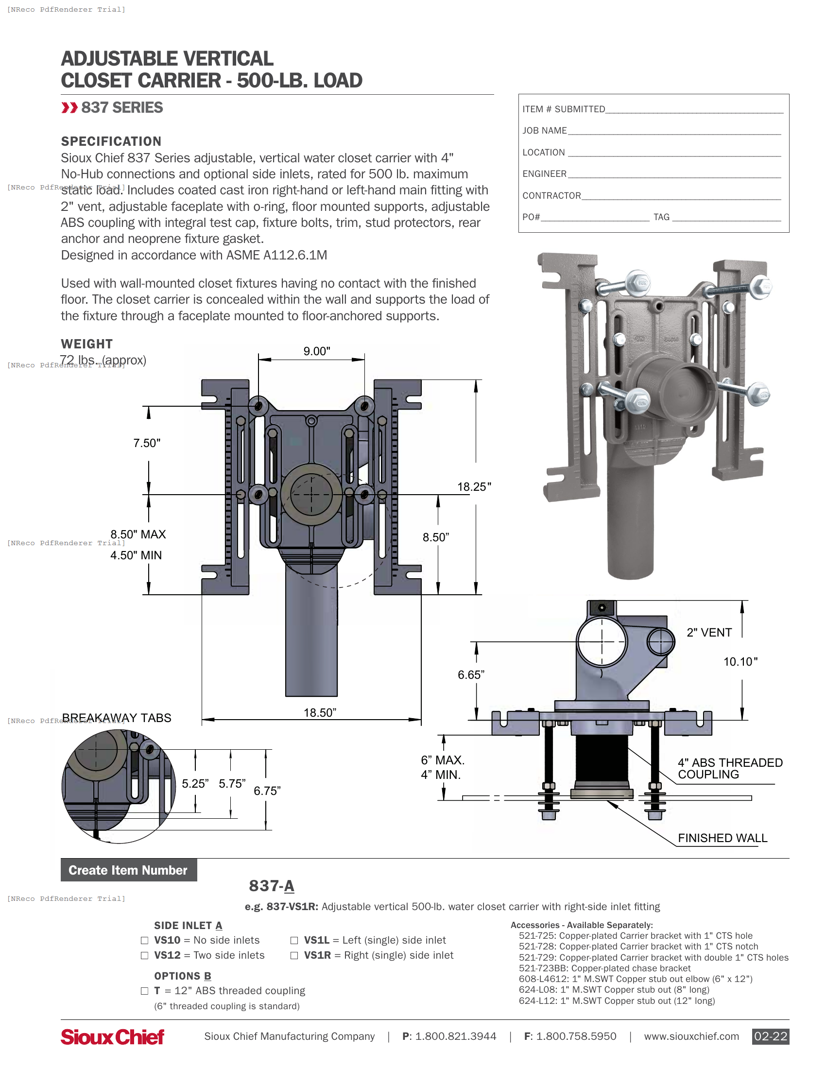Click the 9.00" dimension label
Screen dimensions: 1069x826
click(x=317, y=351)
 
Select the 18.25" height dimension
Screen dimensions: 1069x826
click(x=474, y=486)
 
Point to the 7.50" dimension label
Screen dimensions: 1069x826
click(x=147, y=443)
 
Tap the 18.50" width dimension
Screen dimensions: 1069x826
click(x=320, y=713)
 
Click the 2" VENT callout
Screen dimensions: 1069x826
click(x=709, y=632)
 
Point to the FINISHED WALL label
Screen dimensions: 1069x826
click(x=722, y=838)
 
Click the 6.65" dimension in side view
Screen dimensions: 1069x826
click(x=471, y=675)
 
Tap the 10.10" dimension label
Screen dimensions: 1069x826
click(x=740, y=662)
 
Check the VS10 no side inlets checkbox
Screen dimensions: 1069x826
click(x=144, y=940)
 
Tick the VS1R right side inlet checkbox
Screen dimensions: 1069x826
click(x=294, y=955)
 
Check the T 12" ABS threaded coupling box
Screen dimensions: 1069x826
click(x=144, y=991)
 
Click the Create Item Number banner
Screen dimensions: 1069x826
click(x=128, y=870)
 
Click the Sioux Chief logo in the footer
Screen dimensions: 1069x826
click(x=112, y=1036)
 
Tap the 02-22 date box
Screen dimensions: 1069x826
click(x=770, y=1036)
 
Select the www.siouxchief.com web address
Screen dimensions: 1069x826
click(x=691, y=1036)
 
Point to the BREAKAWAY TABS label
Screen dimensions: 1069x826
click(x=117, y=718)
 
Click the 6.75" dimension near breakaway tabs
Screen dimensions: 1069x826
click(x=267, y=791)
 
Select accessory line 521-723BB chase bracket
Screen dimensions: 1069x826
click(x=604, y=968)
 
